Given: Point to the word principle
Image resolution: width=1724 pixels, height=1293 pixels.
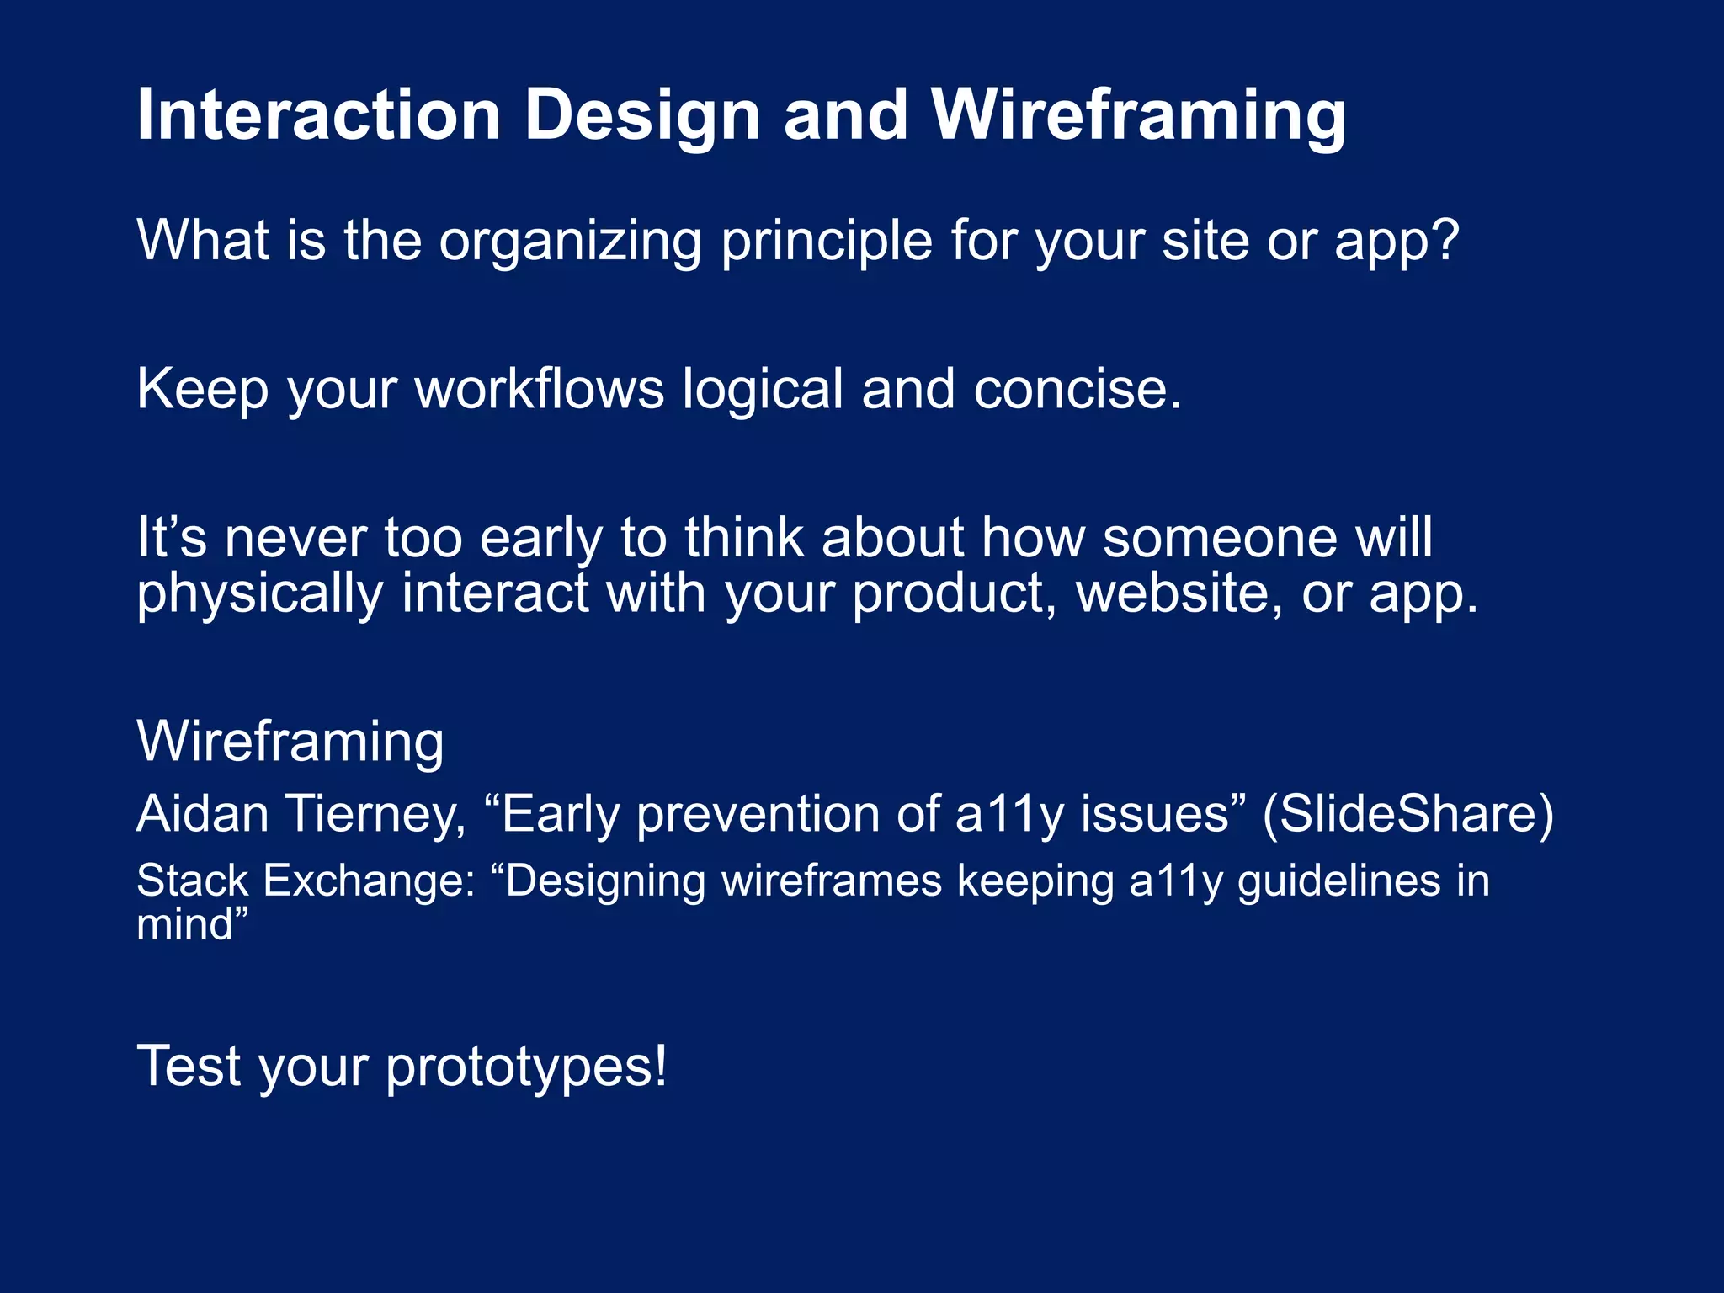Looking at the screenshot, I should point(826,242).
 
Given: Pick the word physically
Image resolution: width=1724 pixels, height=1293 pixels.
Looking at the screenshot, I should point(259,594).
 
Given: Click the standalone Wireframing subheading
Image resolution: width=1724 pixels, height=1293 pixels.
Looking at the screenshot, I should point(290,742).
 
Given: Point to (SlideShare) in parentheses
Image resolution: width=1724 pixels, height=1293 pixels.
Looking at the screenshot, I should point(1407,814).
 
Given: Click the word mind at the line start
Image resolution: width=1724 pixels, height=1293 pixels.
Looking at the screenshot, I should point(184,924).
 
